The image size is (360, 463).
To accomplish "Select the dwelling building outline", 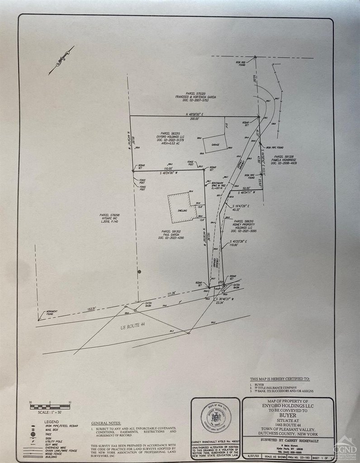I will coord(182,207).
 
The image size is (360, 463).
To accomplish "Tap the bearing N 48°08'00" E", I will coord(195,115).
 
